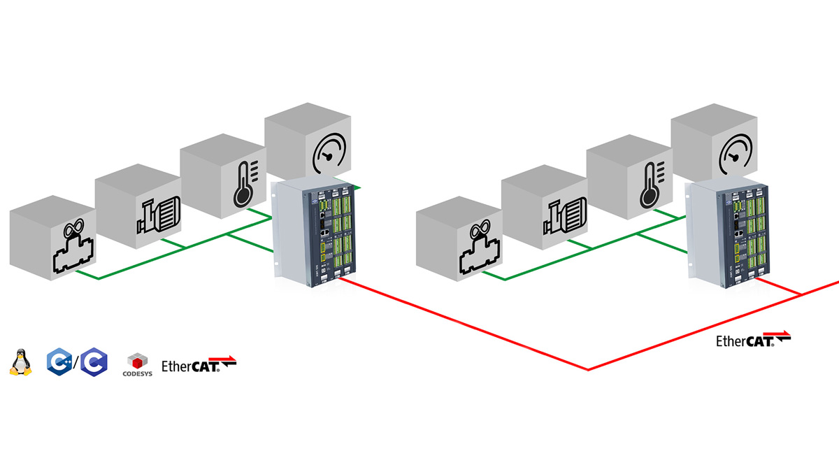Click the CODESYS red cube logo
[x=137, y=359]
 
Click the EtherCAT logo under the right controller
[x=753, y=340]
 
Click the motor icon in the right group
[x=564, y=217]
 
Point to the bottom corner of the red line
[x=588, y=369]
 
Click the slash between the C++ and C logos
[x=75, y=362]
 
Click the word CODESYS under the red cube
[x=137, y=373]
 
